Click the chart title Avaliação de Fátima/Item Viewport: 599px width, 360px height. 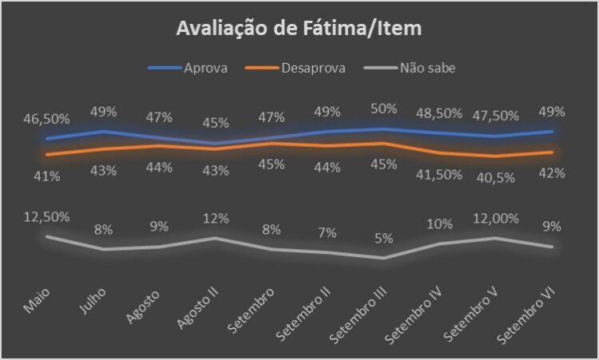point(299,30)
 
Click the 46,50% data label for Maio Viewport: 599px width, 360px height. point(46,118)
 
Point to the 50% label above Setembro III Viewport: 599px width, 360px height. point(383,108)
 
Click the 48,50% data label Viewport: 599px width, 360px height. point(439,113)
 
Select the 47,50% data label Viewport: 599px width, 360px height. point(495,117)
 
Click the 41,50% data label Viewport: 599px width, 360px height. point(439,174)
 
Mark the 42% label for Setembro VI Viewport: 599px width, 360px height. point(552,173)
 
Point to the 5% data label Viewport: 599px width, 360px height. point(383,238)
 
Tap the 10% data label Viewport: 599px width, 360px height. point(439,224)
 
